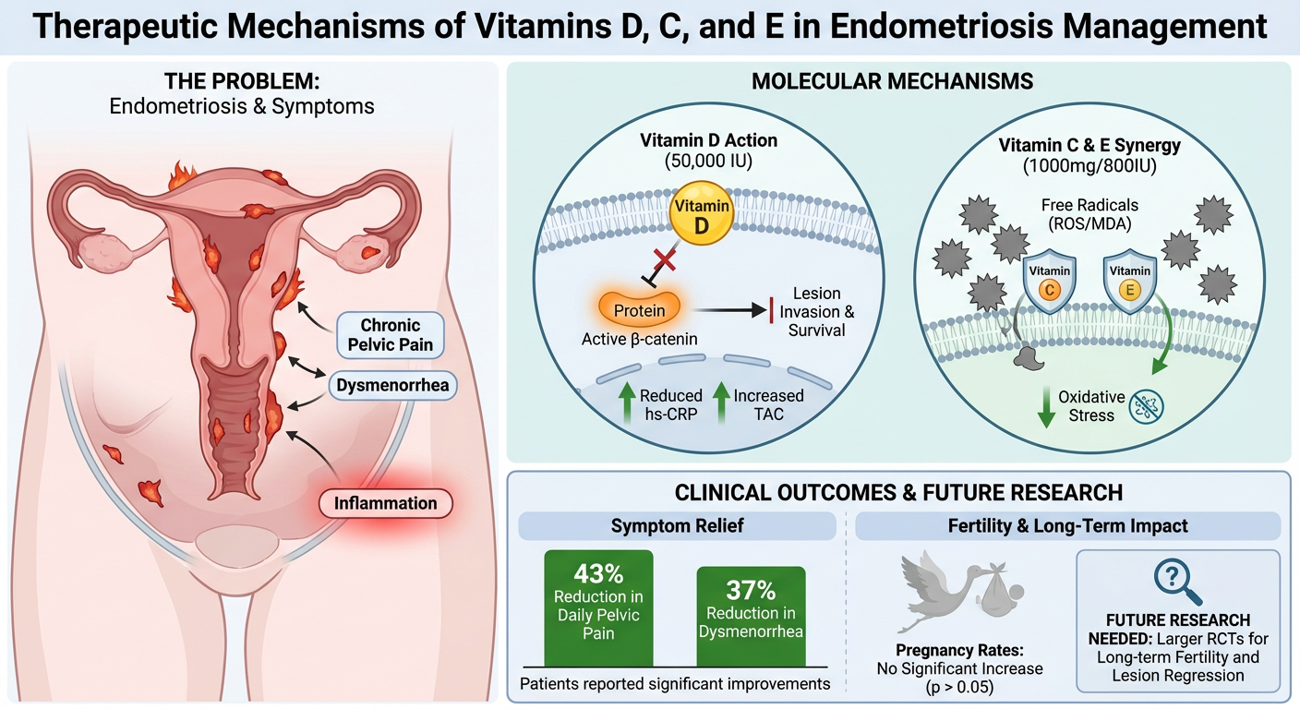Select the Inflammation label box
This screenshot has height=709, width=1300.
[386, 504]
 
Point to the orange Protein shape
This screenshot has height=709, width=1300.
[639, 310]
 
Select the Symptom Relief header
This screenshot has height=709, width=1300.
[677, 526]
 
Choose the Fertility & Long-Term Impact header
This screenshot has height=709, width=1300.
[1067, 526]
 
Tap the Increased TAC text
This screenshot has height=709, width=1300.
[768, 404]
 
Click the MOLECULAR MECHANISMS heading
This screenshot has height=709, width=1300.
[892, 81]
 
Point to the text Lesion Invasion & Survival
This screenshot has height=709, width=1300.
[816, 311]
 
